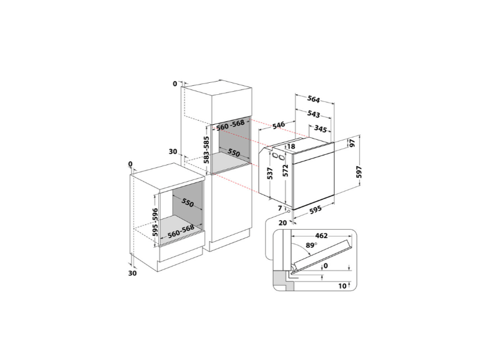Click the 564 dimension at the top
[314, 99]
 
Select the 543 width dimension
[314, 114]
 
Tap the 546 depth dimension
[278, 125]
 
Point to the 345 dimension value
[320, 129]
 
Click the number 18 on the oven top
[291, 146]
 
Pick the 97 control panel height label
[352, 143]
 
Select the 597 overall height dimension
[359, 172]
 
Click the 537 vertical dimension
[269, 173]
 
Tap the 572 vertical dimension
[286, 170]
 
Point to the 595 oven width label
[316, 209]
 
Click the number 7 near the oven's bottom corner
[280, 208]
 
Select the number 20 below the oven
[283, 223]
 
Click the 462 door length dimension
[322, 236]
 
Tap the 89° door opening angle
[311, 245]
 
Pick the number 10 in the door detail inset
[343, 286]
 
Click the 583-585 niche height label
[206, 149]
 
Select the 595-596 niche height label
[155, 222]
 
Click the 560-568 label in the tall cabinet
[230, 125]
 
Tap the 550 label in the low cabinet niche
[188, 202]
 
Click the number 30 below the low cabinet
[132, 273]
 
